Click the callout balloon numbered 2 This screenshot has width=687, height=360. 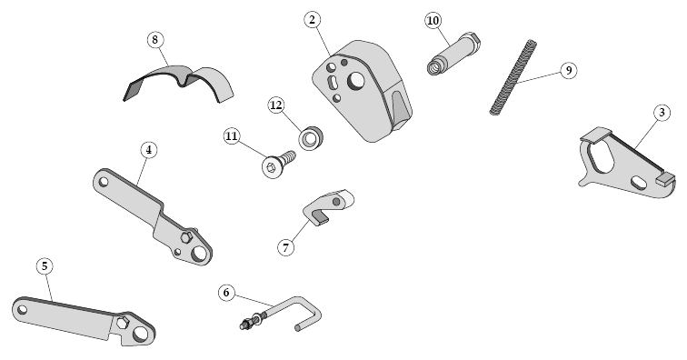[312, 20]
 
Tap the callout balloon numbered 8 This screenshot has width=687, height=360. [154, 40]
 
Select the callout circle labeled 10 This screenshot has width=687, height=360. [433, 21]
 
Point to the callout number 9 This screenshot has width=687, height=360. [568, 70]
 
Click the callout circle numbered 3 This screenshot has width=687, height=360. [662, 113]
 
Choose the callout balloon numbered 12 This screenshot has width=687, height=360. [276, 105]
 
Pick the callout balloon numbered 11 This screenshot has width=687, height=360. [232, 136]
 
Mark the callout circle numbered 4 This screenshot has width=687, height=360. [149, 150]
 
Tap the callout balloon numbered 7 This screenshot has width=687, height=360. [285, 247]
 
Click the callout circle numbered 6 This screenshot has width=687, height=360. [226, 293]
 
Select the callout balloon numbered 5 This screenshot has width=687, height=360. [45, 265]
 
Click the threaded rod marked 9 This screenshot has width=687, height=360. [513, 77]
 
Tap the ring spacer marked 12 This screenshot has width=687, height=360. [311, 137]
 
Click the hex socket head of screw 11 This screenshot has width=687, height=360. [271, 167]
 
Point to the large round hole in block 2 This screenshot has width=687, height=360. [356, 80]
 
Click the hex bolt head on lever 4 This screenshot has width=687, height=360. [186, 236]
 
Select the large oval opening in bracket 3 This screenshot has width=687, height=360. [601, 156]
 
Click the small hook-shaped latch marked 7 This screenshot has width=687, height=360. [329, 206]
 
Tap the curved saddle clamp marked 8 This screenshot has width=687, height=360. [178, 84]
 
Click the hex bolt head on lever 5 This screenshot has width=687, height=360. [123, 323]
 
